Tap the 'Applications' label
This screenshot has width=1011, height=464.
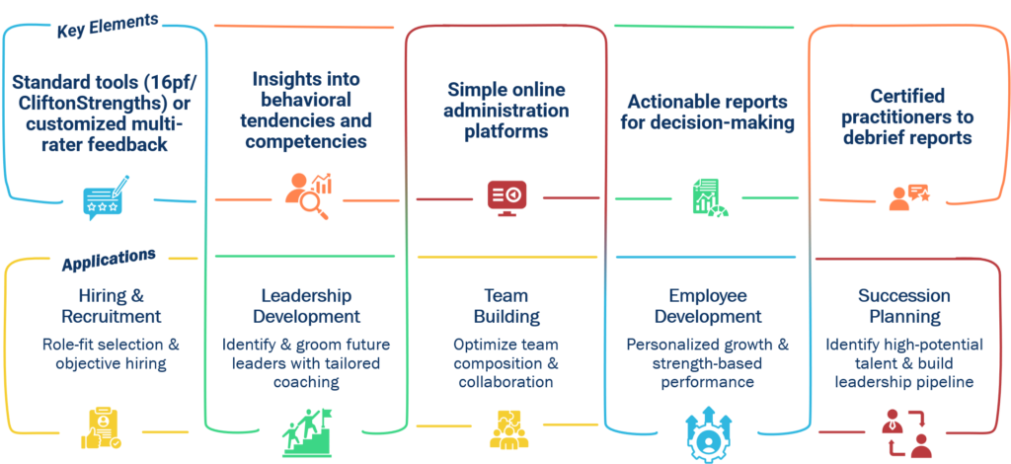tap(108, 261)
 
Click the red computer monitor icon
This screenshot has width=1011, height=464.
tap(506, 196)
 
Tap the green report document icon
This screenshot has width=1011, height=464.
tap(707, 196)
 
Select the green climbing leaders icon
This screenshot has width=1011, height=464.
tap(306, 430)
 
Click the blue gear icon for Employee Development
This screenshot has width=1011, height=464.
tap(707, 432)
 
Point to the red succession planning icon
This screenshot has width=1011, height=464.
tap(906, 432)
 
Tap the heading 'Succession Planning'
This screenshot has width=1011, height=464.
tap(905, 306)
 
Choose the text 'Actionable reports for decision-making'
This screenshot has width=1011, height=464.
tap(706, 112)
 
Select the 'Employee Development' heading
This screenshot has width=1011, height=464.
tap(706, 306)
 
